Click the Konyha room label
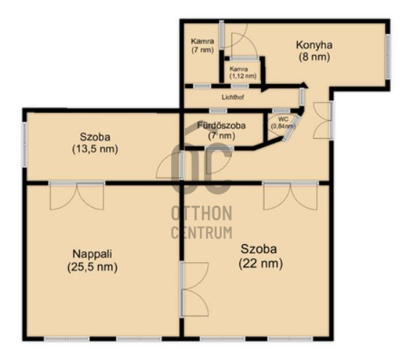coord(314,45)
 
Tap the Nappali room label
coord(92,254)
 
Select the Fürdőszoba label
coord(221,125)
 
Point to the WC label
coord(283,120)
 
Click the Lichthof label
coord(233,97)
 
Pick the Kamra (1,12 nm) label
coord(243,72)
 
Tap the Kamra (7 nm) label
coord(202,46)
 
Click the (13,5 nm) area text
coord(95,149)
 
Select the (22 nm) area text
coord(261,263)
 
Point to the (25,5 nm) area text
coord(92,267)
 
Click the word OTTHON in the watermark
coord(201,214)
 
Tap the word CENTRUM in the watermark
coord(201,233)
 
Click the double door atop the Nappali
coord(77,195)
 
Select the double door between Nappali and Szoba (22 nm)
coord(194,290)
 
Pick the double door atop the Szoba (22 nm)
coord(291,195)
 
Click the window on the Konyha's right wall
coord(388,56)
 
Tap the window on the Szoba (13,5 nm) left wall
coord(25,144)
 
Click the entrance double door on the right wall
coord(323,121)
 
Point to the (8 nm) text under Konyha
coord(314,56)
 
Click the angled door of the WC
coord(291,128)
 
